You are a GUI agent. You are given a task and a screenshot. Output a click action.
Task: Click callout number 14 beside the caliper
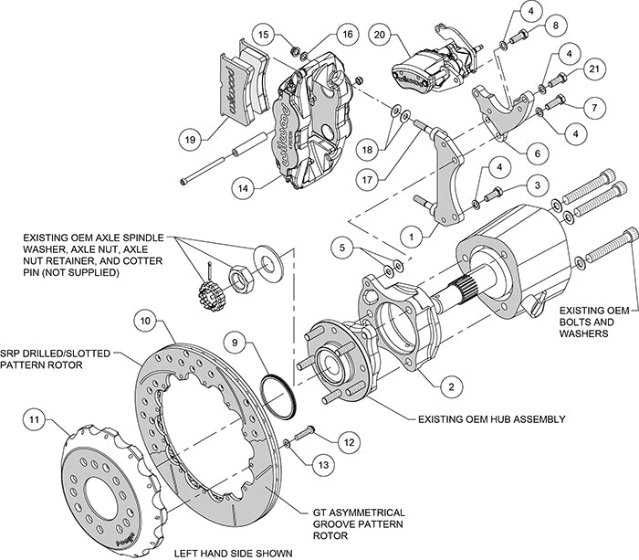(243, 188)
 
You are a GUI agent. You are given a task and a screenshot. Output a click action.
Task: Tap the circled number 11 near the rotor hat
(34, 420)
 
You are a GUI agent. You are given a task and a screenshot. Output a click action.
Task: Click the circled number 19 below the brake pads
(188, 141)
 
